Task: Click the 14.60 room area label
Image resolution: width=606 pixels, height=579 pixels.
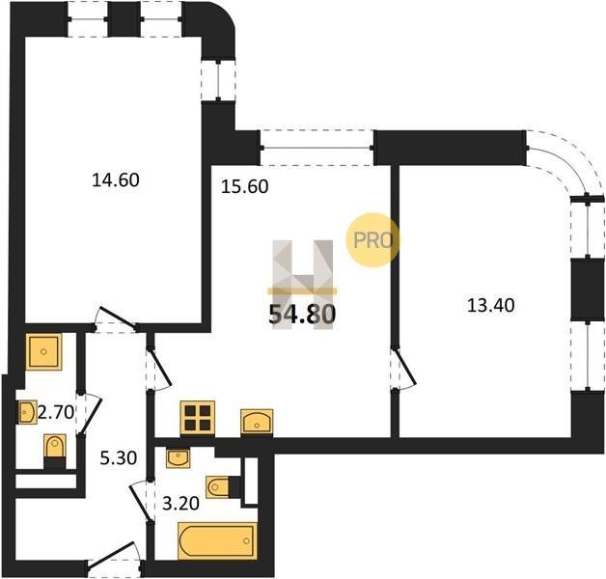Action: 116,180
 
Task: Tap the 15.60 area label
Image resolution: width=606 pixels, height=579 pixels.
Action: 245,186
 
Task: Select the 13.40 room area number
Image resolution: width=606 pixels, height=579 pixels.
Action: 491,305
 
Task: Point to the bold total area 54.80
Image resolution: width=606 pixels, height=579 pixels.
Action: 302,314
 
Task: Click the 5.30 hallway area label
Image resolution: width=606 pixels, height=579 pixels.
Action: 119,458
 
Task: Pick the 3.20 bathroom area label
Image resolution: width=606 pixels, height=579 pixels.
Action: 180,504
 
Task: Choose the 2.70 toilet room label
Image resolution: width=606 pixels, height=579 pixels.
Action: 56,413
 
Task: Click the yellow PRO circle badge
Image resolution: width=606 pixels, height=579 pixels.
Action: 372,240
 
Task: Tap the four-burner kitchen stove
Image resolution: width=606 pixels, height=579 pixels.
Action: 198,418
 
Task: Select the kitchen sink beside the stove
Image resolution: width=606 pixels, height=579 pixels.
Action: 257,422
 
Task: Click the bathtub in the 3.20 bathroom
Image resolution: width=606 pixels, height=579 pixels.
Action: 217,541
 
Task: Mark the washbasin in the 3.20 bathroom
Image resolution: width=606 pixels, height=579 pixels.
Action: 178,458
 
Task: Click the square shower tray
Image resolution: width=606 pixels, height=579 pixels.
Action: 43,351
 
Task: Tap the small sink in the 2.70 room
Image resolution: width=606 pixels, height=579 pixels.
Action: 27,412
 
